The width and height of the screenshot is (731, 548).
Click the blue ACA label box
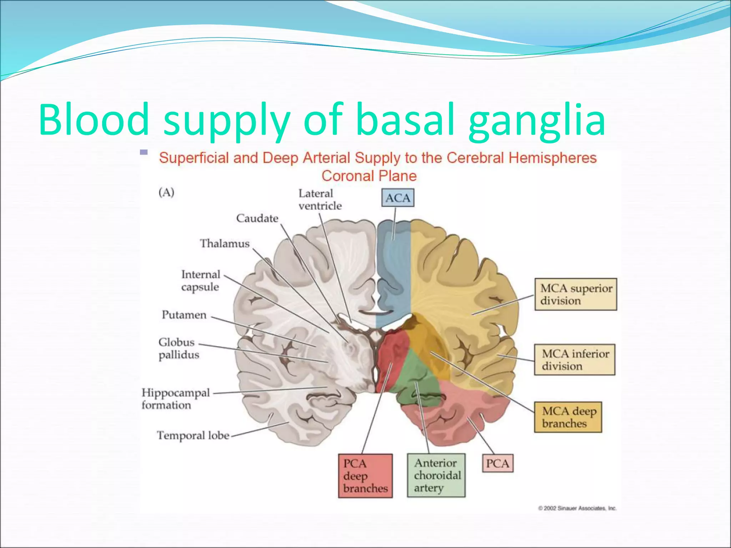coord(398,198)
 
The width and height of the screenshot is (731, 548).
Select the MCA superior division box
coord(575,294)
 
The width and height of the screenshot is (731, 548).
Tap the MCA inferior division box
coord(574,360)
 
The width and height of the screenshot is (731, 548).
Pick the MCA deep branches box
coord(568,417)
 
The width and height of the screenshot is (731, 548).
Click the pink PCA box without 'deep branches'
coord(497,463)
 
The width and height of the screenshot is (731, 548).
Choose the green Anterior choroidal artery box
coord(436,475)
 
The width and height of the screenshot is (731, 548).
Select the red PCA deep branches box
coord(365,476)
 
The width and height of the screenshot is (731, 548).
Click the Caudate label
coord(257,218)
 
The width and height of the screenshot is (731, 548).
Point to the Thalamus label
coord(225,243)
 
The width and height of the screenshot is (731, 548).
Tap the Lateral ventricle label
coord(319,199)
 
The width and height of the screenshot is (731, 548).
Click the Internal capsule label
coord(201,280)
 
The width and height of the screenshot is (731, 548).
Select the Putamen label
coord(184,315)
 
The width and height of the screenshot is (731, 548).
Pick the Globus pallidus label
coord(178,348)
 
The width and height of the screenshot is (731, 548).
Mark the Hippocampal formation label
coord(175,399)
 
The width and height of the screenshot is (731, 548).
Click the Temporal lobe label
coord(193,435)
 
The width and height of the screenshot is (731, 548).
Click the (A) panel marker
coord(166,192)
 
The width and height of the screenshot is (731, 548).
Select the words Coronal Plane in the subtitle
coord(369,176)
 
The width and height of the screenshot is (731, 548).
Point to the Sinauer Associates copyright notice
coord(577,508)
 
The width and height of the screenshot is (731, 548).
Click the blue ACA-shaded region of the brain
coord(394,271)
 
